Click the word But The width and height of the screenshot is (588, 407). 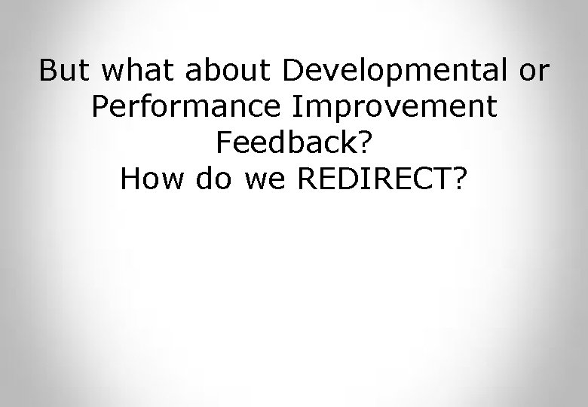point(63,72)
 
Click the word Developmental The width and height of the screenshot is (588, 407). point(392,72)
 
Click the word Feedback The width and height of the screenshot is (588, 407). point(286,142)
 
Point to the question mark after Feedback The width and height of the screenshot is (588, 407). point(364,142)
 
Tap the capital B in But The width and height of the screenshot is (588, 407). point(48,72)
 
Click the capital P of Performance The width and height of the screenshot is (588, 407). point(100,108)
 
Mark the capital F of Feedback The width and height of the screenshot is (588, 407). point(222,142)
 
